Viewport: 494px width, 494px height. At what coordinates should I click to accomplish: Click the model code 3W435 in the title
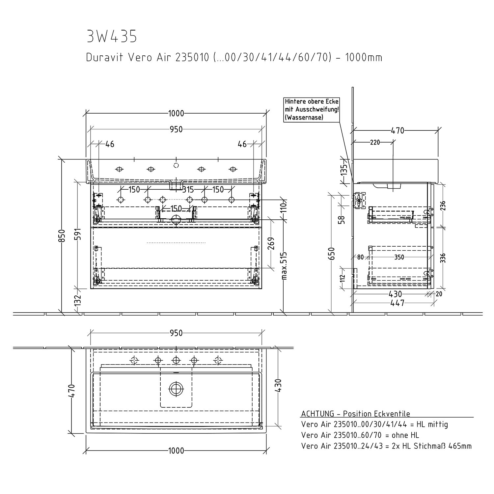[x=112, y=37]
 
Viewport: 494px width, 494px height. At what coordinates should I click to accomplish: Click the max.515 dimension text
[x=285, y=266]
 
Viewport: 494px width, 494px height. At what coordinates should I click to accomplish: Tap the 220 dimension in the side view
[x=375, y=142]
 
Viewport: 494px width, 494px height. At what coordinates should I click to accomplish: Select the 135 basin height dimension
[x=343, y=170]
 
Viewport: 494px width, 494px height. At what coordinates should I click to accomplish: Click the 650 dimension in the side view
[x=332, y=254]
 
